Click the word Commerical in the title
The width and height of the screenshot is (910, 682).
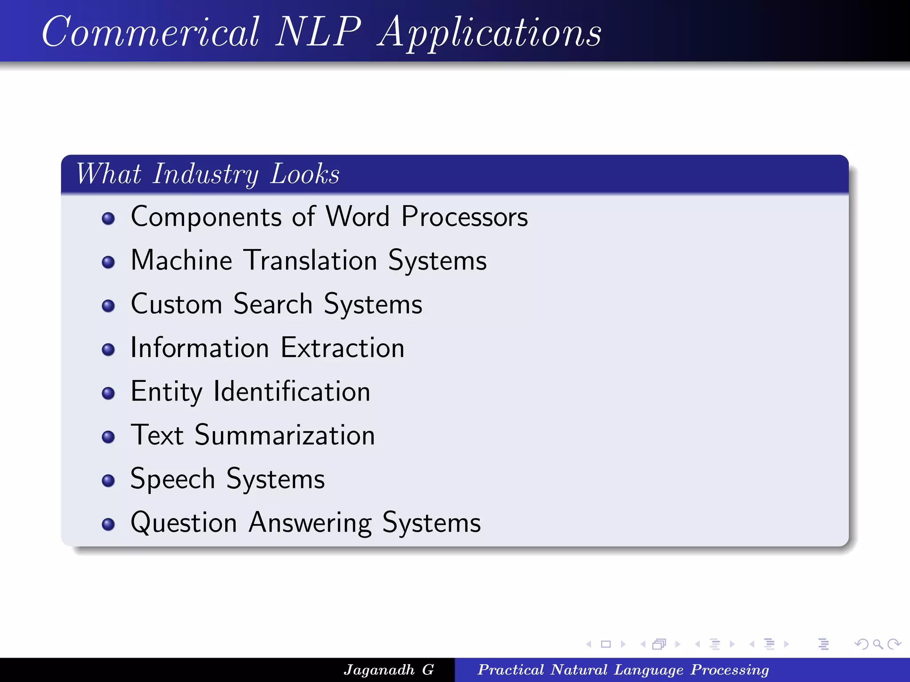click(x=150, y=32)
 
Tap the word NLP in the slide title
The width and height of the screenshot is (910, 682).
click(x=318, y=32)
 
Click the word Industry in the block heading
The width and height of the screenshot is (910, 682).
click(x=206, y=174)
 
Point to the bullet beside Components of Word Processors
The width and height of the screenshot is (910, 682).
click(x=108, y=218)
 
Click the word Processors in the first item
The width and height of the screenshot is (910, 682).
click(x=464, y=217)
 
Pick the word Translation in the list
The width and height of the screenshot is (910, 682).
click(x=311, y=260)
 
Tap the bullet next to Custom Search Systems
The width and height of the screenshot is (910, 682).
click(x=108, y=306)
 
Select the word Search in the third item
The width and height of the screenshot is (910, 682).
click(x=273, y=304)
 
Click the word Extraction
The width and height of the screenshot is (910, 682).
click(x=343, y=348)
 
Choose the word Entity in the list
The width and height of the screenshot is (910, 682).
click(x=167, y=392)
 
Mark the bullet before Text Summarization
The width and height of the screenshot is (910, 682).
click(x=108, y=437)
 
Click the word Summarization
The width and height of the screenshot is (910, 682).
click(x=285, y=435)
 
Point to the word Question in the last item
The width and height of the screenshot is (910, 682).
click(x=184, y=523)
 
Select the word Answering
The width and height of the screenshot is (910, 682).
click(x=310, y=523)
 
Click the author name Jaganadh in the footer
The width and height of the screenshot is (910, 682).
click(x=379, y=670)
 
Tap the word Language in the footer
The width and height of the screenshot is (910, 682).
click(x=648, y=670)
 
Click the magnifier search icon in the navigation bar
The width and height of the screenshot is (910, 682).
click(x=878, y=644)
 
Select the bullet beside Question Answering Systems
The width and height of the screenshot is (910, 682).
click(x=108, y=524)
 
